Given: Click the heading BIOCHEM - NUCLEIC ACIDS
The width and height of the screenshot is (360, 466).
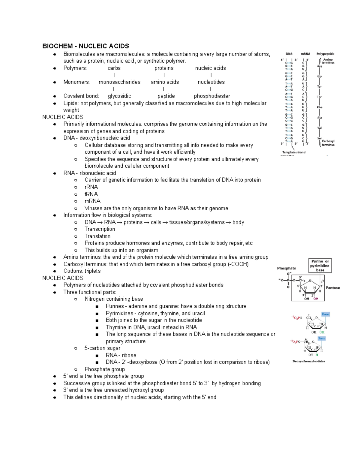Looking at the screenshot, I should (85, 46).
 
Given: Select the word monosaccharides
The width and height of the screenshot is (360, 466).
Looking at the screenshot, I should (119, 82).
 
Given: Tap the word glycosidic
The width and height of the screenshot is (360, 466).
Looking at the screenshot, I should (119, 96).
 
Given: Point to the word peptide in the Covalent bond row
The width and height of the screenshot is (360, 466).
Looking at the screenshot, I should (166, 96).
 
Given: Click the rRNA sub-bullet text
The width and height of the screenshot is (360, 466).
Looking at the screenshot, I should (91, 187).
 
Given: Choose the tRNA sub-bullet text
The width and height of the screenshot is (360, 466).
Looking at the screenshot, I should (91, 194).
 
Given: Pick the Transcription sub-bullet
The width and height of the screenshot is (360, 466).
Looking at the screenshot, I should (100, 229).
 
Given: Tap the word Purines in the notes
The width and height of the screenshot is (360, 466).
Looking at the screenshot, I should (115, 306).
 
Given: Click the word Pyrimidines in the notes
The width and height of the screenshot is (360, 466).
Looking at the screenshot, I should (119, 313).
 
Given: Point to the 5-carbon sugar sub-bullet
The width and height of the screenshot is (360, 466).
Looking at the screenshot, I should (102, 348).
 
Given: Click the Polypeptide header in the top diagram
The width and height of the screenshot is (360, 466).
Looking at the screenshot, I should (325, 54).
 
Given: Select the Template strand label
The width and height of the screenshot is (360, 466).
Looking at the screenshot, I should (294, 152).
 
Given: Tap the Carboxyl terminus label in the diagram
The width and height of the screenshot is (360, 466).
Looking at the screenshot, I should (328, 143).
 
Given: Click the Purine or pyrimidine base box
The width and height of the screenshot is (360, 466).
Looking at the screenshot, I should (320, 266).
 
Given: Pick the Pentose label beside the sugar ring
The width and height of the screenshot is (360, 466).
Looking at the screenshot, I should (333, 288).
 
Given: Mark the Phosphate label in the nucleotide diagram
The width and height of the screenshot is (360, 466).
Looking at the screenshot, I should (286, 268).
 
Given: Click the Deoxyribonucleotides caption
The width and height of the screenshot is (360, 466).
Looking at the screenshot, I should (309, 361).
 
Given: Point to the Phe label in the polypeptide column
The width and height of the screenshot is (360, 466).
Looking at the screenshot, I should (319, 107).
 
